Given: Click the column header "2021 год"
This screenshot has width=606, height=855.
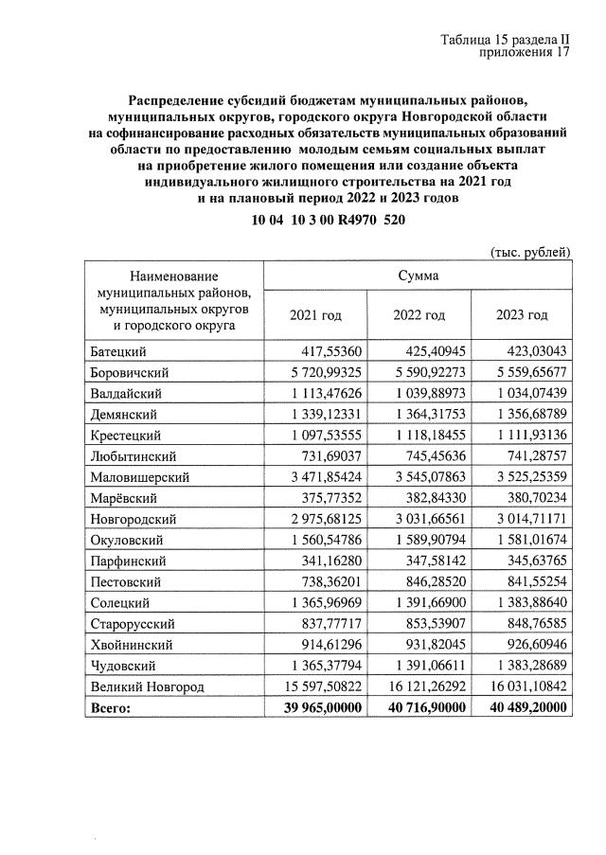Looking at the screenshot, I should [314, 314].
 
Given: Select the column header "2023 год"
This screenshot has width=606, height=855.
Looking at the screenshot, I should [522, 314].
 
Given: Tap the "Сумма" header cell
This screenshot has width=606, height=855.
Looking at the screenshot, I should [418, 276].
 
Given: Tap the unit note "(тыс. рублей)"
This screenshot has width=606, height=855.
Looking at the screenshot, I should [530, 251].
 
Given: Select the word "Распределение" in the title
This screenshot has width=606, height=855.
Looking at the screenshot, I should [175, 99].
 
